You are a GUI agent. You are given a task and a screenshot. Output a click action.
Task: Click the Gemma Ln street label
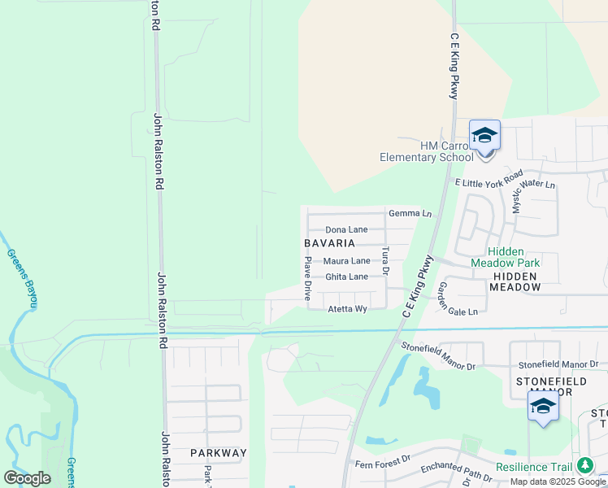coord(410,213)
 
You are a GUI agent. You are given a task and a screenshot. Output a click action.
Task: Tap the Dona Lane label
coord(346,230)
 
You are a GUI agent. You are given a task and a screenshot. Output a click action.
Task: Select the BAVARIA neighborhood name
coord(329,243)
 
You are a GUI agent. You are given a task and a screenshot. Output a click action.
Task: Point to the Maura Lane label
coord(346,261)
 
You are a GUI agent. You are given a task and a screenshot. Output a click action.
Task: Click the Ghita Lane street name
coord(346,277)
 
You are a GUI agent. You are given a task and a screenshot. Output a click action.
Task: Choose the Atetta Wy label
coord(347,309)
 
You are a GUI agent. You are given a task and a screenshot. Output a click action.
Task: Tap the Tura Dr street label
coord(385,259)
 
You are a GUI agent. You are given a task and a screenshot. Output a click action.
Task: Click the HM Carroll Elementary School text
coord(427,151)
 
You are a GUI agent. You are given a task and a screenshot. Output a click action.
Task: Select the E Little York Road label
coord(489,182)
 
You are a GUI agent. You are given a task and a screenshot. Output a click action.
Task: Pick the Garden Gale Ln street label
coord(457,301)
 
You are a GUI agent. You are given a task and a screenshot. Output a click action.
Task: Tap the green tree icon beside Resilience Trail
coord(584,466)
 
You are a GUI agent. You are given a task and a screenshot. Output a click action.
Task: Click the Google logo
coord(27,478)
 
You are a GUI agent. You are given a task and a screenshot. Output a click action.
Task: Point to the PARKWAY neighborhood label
coord(218,452)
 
